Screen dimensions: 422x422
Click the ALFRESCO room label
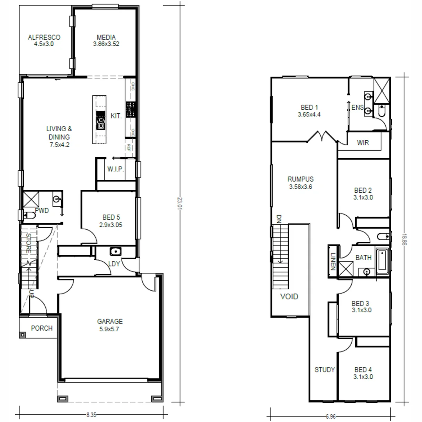tap(44, 38)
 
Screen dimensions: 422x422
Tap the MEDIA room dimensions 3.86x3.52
tap(106, 44)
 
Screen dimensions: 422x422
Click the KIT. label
tap(116, 116)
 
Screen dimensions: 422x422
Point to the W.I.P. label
tap(116, 169)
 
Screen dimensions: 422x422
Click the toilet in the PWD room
tap(28, 215)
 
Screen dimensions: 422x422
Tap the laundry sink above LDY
tap(116, 251)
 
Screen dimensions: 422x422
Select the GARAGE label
tap(110, 322)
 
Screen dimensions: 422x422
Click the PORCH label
tap(41, 328)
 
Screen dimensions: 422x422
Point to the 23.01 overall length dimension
tap(180, 203)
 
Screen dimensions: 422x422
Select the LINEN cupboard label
tap(333, 261)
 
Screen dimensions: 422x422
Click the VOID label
tap(289, 297)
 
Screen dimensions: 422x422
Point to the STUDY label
tap(325, 370)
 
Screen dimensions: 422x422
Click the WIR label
tap(363, 143)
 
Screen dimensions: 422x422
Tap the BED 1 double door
tap(323, 137)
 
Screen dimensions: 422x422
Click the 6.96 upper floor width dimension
tap(331, 417)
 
